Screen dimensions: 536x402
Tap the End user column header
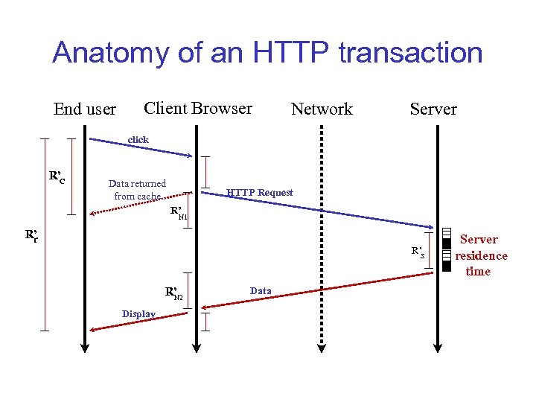[85, 109]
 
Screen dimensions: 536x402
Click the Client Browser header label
[198, 108]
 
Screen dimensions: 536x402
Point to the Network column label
[322, 109]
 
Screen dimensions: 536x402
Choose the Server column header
[433, 109]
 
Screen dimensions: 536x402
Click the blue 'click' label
[138, 139]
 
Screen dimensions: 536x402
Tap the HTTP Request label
[260, 193]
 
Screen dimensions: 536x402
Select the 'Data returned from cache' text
[137, 190]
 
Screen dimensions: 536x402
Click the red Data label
[261, 290]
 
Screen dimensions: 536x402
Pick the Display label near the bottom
[139, 314]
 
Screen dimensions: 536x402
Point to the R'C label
[57, 177]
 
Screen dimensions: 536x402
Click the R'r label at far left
[31, 237]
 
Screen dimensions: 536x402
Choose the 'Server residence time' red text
[480, 255]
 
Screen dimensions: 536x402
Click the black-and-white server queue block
[446, 249]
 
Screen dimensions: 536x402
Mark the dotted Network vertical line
[322, 238]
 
